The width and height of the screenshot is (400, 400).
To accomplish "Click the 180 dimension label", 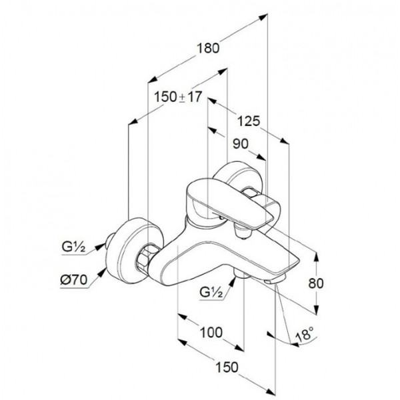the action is click(208, 48).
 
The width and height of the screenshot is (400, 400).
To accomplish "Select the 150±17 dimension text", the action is click(178, 97).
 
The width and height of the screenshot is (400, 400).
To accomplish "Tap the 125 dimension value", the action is click(249, 121).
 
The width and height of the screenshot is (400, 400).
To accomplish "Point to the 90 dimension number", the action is click(240, 144).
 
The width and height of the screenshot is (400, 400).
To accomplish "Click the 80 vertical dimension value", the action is click(316, 283).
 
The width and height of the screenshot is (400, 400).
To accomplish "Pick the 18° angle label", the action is click(304, 334).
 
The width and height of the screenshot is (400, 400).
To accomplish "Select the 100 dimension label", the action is click(211, 333).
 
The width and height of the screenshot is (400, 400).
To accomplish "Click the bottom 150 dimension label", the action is click(227, 367).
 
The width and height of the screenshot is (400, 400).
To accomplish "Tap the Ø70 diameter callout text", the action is click(74, 280).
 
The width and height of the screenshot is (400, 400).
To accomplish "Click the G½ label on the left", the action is click(73, 247).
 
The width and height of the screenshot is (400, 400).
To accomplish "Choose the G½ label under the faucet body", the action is click(211, 293).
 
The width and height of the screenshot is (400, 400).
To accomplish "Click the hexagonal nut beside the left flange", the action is click(145, 257).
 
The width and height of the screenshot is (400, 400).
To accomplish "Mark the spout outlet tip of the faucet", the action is click(273, 281).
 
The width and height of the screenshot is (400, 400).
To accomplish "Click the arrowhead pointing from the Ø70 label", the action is click(103, 272).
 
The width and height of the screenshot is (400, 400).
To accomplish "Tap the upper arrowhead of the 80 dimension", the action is click(316, 257).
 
